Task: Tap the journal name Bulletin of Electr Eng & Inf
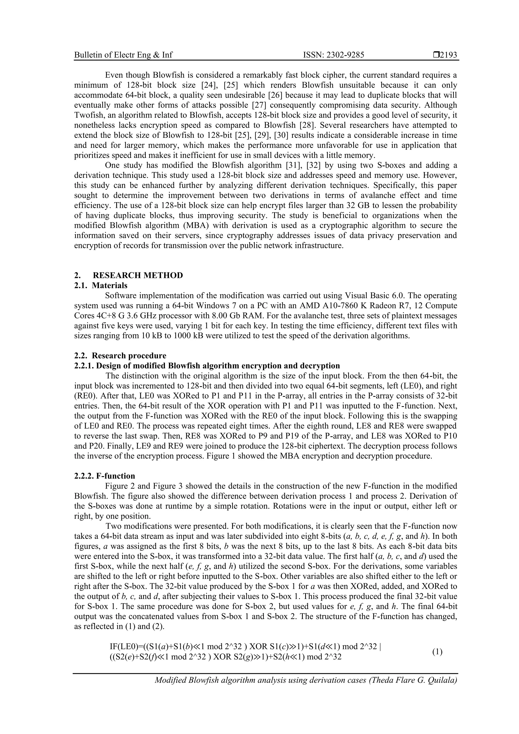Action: [123, 55]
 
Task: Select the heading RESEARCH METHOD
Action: [138, 275]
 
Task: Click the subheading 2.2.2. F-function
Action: [105, 476]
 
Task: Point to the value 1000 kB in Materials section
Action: [181, 336]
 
